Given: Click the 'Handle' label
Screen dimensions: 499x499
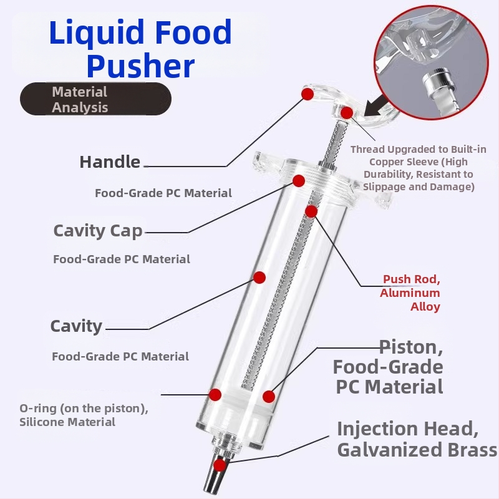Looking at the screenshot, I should coord(110,162).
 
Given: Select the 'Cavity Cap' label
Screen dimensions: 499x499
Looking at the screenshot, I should coord(98,230).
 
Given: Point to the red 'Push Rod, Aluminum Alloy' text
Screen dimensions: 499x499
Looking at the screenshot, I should coord(411,293).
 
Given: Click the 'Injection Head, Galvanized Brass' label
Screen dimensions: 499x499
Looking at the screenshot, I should coord(417,439).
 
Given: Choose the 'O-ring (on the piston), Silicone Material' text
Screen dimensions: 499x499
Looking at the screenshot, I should coord(84,415).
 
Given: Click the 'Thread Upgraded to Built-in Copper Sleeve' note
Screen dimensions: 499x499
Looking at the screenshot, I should coord(418,168).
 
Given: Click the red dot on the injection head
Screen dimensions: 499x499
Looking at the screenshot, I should coord(219,465).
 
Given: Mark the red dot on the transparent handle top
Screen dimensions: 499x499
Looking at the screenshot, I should coord(307,94).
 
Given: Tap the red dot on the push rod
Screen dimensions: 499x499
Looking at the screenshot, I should coord(311,211).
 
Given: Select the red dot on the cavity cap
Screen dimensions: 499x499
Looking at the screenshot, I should coord(299,181).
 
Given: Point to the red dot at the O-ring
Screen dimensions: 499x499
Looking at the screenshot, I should coord(215,394).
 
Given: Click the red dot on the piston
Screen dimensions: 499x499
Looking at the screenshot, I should coord(269,396).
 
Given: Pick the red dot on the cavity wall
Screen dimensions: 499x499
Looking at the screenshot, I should coord(259,277).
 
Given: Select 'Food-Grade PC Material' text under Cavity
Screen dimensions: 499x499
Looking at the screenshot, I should coord(120,357).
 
